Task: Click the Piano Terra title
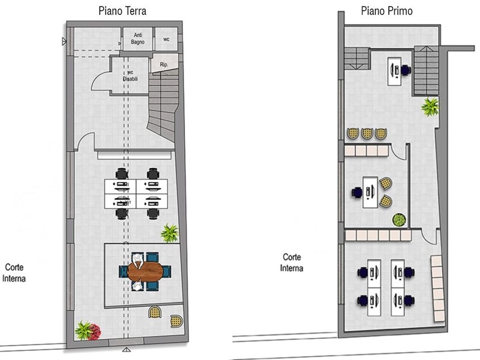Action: (122, 11)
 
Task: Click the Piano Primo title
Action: (386, 11)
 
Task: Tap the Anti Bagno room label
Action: (138, 38)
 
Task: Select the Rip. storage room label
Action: (164, 65)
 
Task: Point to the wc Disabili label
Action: (130, 76)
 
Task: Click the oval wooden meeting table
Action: (145, 271)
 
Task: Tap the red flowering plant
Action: (95, 332)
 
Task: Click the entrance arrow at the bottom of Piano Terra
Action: (127, 350)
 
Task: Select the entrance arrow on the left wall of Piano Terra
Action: (64, 41)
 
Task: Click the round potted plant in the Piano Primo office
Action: (399, 220)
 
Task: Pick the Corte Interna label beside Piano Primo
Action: (292, 262)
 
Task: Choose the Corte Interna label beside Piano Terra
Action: (14, 273)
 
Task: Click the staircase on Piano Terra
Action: (163, 104)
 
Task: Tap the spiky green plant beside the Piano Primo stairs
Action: (430, 107)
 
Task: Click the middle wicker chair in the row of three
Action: (367, 133)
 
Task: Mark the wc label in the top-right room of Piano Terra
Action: (166, 39)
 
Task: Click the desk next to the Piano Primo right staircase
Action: (395, 71)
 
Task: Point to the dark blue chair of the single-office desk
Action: (356, 193)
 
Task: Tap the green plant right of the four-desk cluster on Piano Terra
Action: (170, 233)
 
